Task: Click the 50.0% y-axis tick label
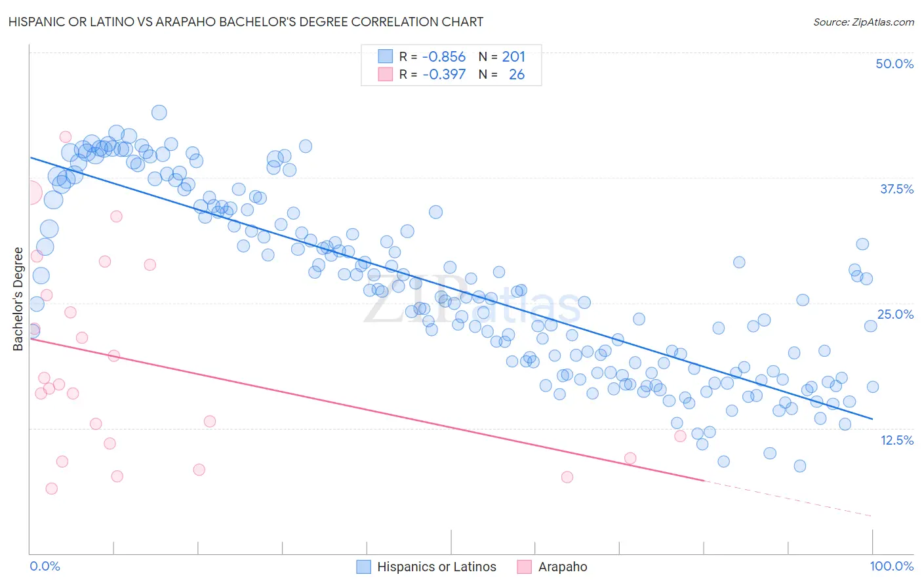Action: click(894, 64)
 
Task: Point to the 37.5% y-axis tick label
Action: click(896, 189)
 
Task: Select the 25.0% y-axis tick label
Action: click(895, 314)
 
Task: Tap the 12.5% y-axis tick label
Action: click(896, 440)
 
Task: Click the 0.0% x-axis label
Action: click(45, 566)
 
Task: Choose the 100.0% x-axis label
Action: click(892, 566)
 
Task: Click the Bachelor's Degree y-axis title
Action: click(18, 299)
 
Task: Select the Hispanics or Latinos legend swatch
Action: click(364, 567)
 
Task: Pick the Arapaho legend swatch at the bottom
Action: click(524, 567)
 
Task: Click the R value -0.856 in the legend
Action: click(444, 57)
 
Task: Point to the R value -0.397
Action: click(444, 75)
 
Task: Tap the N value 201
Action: click(513, 57)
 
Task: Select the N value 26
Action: click(517, 75)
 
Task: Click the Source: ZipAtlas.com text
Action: click(863, 22)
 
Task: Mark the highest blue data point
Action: click(159, 113)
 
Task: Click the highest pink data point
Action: click(66, 137)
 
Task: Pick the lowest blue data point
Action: click(799, 466)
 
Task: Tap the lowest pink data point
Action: click(51, 489)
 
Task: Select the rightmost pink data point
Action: click(680, 436)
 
